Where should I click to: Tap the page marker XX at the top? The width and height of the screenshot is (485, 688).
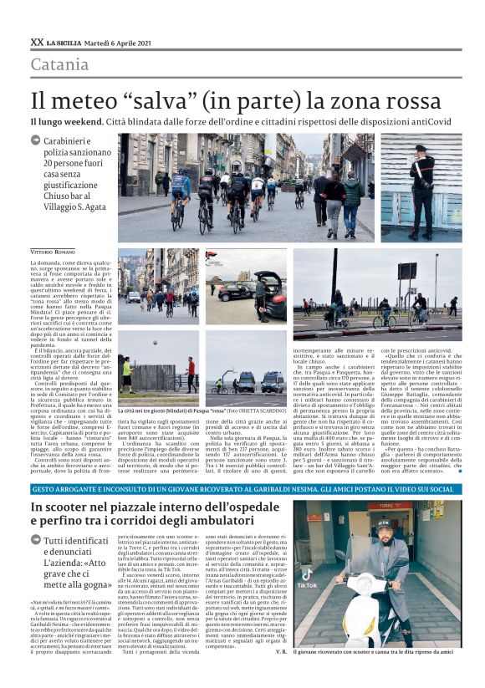36,41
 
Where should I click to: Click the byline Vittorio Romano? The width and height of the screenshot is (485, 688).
52,251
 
